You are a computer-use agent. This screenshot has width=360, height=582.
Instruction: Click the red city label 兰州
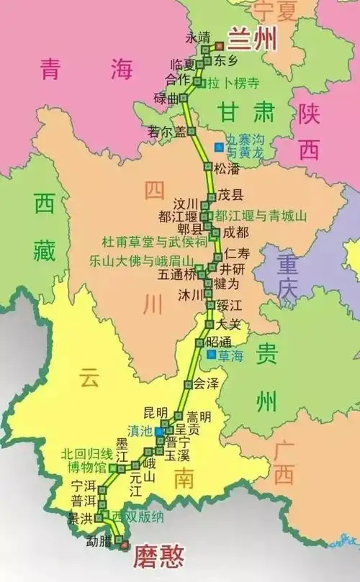[252, 40]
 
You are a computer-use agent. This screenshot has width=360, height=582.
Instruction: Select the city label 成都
[236, 232]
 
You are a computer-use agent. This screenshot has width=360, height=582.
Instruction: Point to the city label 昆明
[156, 412]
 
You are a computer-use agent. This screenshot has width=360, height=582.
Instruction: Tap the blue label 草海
[232, 355]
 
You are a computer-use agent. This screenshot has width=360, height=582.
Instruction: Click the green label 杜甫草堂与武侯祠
[155, 242]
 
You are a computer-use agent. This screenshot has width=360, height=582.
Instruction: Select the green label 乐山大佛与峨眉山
[141, 260]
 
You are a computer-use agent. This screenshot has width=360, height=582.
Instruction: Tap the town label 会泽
[205, 384]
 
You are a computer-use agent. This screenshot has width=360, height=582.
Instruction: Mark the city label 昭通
[219, 340]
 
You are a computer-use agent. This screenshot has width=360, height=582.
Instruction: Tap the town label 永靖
[198, 37]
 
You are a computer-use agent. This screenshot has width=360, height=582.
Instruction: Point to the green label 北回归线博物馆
[86, 460]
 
